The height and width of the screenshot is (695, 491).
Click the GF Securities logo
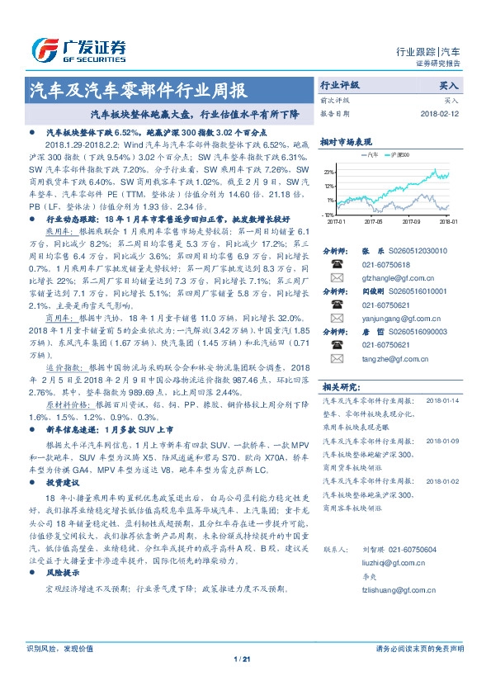click(78, 49)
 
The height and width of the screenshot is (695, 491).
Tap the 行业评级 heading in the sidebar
click(340, 85)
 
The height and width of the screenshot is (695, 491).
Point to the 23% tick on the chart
click(329, 172)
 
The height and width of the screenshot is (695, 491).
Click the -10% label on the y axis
click(328, 214)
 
